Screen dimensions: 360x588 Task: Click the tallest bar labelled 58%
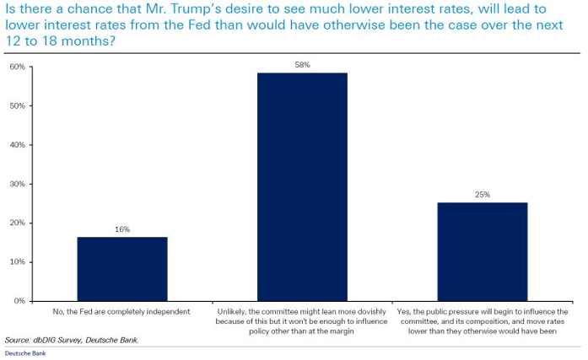302,186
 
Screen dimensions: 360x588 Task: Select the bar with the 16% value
122,268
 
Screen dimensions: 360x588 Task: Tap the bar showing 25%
483,251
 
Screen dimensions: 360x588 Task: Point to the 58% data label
302,65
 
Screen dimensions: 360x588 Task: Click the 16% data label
122,229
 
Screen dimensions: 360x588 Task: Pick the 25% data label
483,195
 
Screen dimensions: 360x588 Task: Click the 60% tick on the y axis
15,67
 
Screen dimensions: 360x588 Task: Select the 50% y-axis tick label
15,106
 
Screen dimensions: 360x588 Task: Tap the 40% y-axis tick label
15,145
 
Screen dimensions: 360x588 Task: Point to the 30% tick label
15,184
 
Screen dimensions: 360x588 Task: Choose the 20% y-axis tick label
15,223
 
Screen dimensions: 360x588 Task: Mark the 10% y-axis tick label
15,262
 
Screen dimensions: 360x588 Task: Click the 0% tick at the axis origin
18,301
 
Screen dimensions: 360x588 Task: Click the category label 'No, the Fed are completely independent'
122,312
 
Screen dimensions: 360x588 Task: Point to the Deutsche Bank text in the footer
24,353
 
